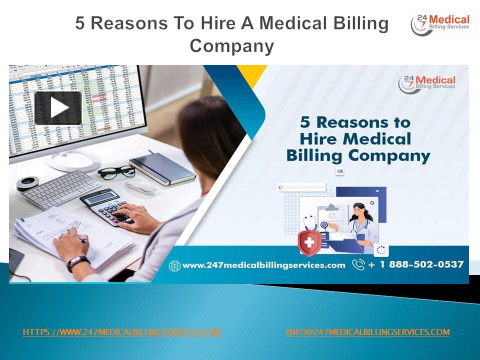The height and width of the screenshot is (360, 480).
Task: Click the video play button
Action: pyautogui.click(x=58, y=107)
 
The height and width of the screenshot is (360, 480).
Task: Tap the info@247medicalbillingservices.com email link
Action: pyautogui.click(x=368, y=332)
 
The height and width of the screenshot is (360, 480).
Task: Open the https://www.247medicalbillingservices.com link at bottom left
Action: pyautogui.click(x=122, y=332)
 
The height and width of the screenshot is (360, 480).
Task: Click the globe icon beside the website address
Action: pyautogui.click(x=174, y=265)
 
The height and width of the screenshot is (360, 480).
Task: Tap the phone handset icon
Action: pyautogui.click(x=358, y=264)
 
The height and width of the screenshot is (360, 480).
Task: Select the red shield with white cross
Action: pyautogui.click(x=309, y=242)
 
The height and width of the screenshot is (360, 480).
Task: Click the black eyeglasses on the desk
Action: pyautogui.click(x=116, y=172)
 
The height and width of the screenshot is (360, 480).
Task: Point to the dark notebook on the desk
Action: pyautogui.click(x=162, y=167)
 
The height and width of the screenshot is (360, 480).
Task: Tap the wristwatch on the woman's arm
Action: pyautogui.click(x=78, y=262)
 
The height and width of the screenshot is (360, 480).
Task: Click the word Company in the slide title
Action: pyautogui.click(x=232, y=46)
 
